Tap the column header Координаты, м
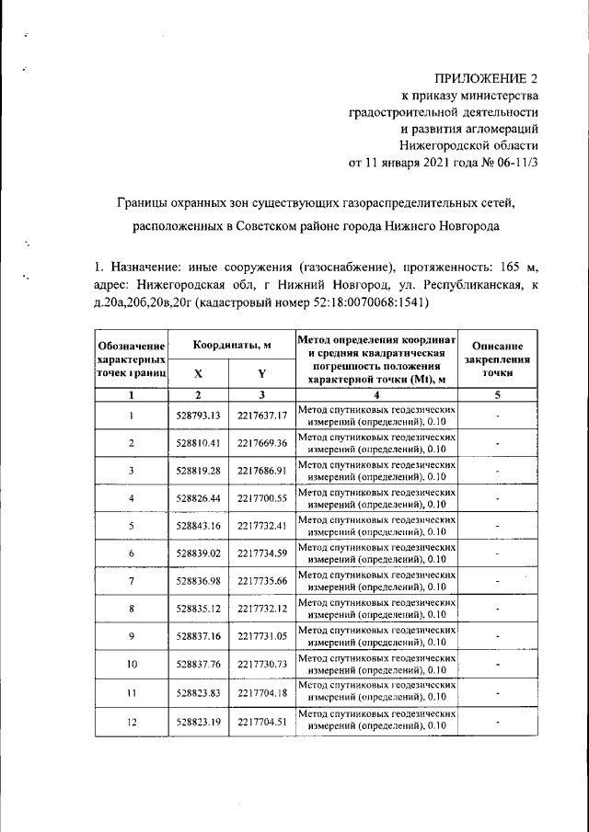tap(231, 344)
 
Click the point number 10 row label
tap(132, 664)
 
